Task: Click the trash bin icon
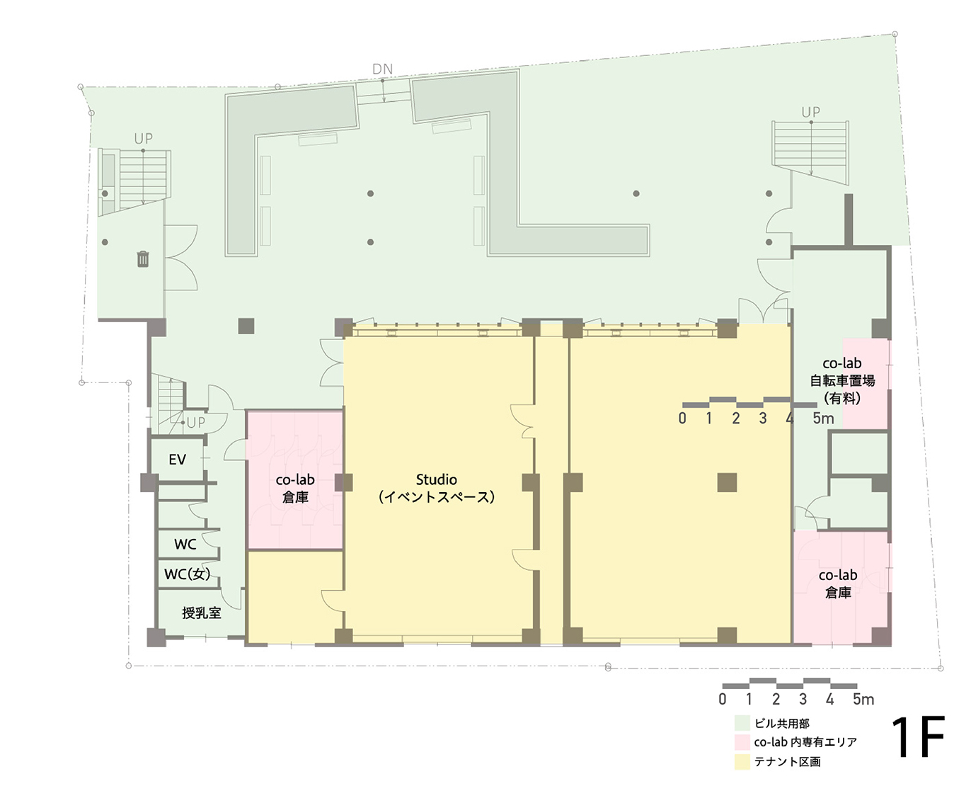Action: [x=143, y=259]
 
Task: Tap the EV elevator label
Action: [x=177, y=460]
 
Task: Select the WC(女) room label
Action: [x=187, y=574]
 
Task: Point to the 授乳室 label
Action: [x=201, y=613]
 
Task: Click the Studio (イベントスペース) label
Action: [x=436, y=489]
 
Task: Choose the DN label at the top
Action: [x=382, y=69]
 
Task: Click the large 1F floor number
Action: [x=917, y=738]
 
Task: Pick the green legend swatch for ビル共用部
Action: [x=742, y=723]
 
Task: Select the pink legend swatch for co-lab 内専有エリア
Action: [x=742, y=742]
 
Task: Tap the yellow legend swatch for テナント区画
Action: [x=742, y=762]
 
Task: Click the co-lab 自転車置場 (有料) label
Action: [x=842, y=381]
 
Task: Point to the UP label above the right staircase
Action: [x=810, y=112]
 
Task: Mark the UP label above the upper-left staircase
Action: [x=143, y=139]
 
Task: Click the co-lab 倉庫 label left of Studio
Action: [x=295, y=489]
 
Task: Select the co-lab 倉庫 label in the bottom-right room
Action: [x=838, y=584]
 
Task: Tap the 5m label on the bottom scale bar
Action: [x=863, y=700]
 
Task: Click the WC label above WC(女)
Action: [x=185, y=545]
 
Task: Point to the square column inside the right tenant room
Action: [x=727, y=482]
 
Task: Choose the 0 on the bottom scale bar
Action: [x=722, y=700]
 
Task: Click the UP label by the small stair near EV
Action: [x=195, y=423]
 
